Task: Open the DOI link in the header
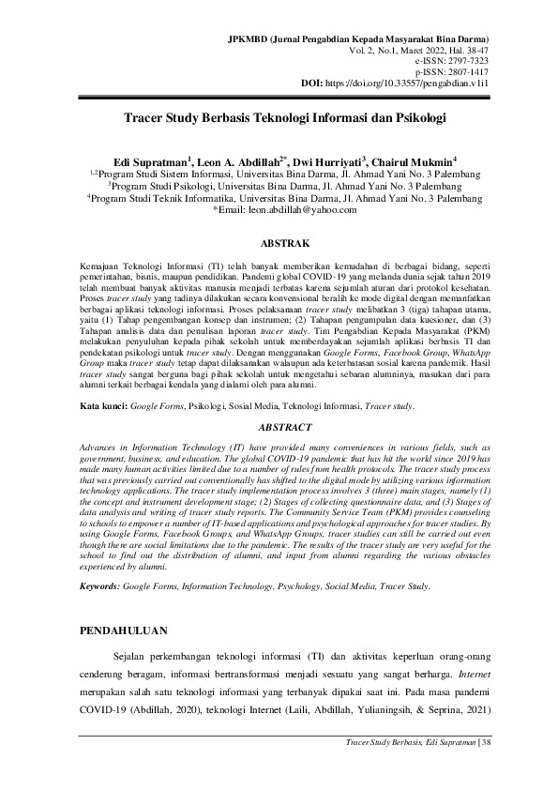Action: coord(427,84)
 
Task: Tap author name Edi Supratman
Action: coord(149,161)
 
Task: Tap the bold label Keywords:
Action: coord(99,586)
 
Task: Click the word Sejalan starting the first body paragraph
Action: coord(130,656)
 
